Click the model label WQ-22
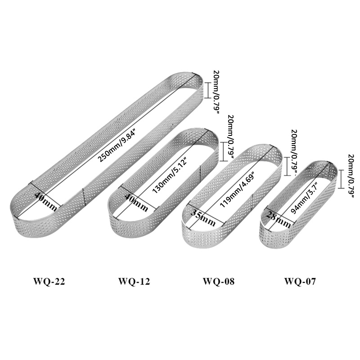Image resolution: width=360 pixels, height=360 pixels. click(49, 282)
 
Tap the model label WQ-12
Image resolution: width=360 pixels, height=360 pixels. click(134, 282)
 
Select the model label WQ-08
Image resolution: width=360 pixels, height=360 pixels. click(219, 282)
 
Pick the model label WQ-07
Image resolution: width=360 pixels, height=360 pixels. click(300, 282)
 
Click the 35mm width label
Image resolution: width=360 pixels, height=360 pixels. click(203, 218)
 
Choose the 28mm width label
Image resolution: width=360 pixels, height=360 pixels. click(278, 219)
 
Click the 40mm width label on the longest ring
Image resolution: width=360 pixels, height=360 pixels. click(45, 202)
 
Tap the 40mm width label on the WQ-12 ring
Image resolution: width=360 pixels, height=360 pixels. click(136, 202)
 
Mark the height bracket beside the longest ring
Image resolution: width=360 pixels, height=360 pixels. click(207, 90)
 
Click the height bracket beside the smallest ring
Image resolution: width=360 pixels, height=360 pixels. click(342, 179)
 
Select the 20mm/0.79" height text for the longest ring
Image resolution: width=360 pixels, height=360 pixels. click(216, 92)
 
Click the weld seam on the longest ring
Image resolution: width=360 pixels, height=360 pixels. click(83, 197)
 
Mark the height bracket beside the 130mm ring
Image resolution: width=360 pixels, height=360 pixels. click(223, 152)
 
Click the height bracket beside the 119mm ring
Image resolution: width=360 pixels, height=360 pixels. click(287, 166)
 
